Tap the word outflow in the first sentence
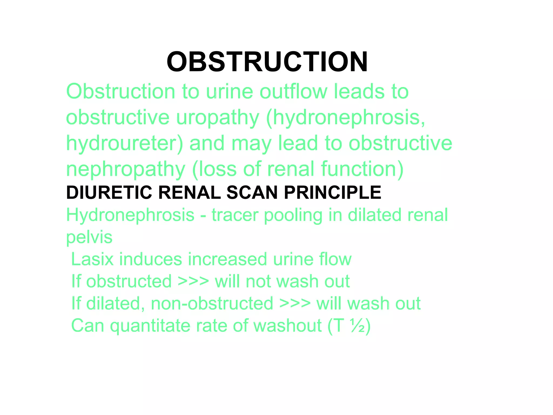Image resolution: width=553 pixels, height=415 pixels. (293, 92)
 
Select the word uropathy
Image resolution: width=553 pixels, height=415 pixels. (217, 118)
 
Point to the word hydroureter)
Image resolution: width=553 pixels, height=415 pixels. (124, 143)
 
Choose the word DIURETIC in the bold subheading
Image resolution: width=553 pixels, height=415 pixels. (109, 193)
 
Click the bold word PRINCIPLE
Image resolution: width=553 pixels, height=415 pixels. (332, 193)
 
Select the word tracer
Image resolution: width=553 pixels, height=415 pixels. (234, 215)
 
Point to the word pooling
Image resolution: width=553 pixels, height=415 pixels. (293, 216)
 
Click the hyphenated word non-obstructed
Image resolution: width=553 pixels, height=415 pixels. (212, 303)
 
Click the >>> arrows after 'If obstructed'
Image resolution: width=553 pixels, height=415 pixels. (193, 282)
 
